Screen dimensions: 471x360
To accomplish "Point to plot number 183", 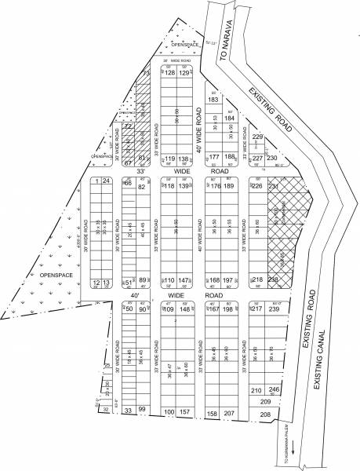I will [213, 100].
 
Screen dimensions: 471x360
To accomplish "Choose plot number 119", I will [169, 159].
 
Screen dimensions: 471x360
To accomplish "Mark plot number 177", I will [213, 158].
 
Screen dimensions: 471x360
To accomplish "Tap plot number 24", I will [106, 181].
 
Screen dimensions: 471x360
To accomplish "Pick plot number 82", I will [142, 187].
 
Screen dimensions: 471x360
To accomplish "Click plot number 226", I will [257, 186].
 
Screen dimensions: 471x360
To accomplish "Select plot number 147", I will [184, 280].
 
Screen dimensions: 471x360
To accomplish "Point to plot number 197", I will [229, 280].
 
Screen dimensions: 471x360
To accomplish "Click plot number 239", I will [274, 309].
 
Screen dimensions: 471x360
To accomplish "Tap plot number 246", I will [274, 389].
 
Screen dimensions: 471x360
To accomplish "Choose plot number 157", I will [184, 411].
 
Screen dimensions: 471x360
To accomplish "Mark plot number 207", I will [229, 412].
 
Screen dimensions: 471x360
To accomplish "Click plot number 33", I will [128, 410].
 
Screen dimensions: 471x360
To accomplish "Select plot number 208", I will [265, 413].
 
